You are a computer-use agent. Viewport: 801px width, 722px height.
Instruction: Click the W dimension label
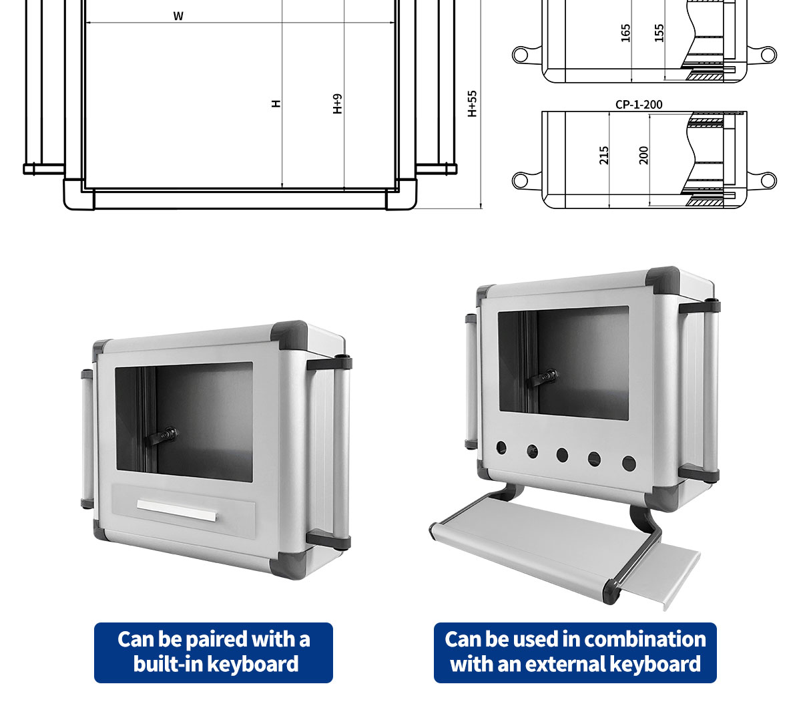178,16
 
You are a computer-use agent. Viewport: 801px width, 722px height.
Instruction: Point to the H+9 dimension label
337,104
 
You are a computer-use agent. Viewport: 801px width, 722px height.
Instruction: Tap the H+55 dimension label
472,104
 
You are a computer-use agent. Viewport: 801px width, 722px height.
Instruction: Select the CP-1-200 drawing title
639,105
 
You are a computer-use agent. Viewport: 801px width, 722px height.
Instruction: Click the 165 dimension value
625,33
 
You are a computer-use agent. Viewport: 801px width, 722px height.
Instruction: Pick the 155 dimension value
659,33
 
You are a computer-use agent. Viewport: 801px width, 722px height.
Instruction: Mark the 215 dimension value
603,156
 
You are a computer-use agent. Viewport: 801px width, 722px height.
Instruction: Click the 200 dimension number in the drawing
643,156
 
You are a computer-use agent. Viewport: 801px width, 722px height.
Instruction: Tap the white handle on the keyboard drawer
176,510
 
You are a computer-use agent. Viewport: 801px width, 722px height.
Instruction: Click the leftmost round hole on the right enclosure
501,447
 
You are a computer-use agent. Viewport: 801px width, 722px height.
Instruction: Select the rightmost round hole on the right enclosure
629,464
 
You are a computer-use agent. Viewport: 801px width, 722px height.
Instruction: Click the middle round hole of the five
562,455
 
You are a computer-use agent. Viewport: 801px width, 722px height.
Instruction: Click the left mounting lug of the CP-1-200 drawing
525,180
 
